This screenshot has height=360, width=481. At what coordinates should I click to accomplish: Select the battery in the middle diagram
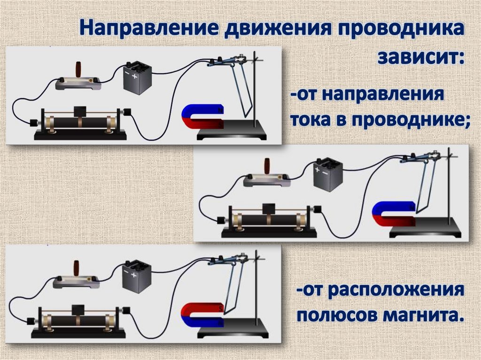tap(327, 174)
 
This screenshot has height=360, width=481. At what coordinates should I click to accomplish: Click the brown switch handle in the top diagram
tap(79, 69)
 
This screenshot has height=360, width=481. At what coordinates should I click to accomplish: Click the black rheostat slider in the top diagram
tap(80, 112)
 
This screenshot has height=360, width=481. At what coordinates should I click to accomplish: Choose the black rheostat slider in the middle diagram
tap(269, 209)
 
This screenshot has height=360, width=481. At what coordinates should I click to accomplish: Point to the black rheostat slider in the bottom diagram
tap(78, 310)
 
